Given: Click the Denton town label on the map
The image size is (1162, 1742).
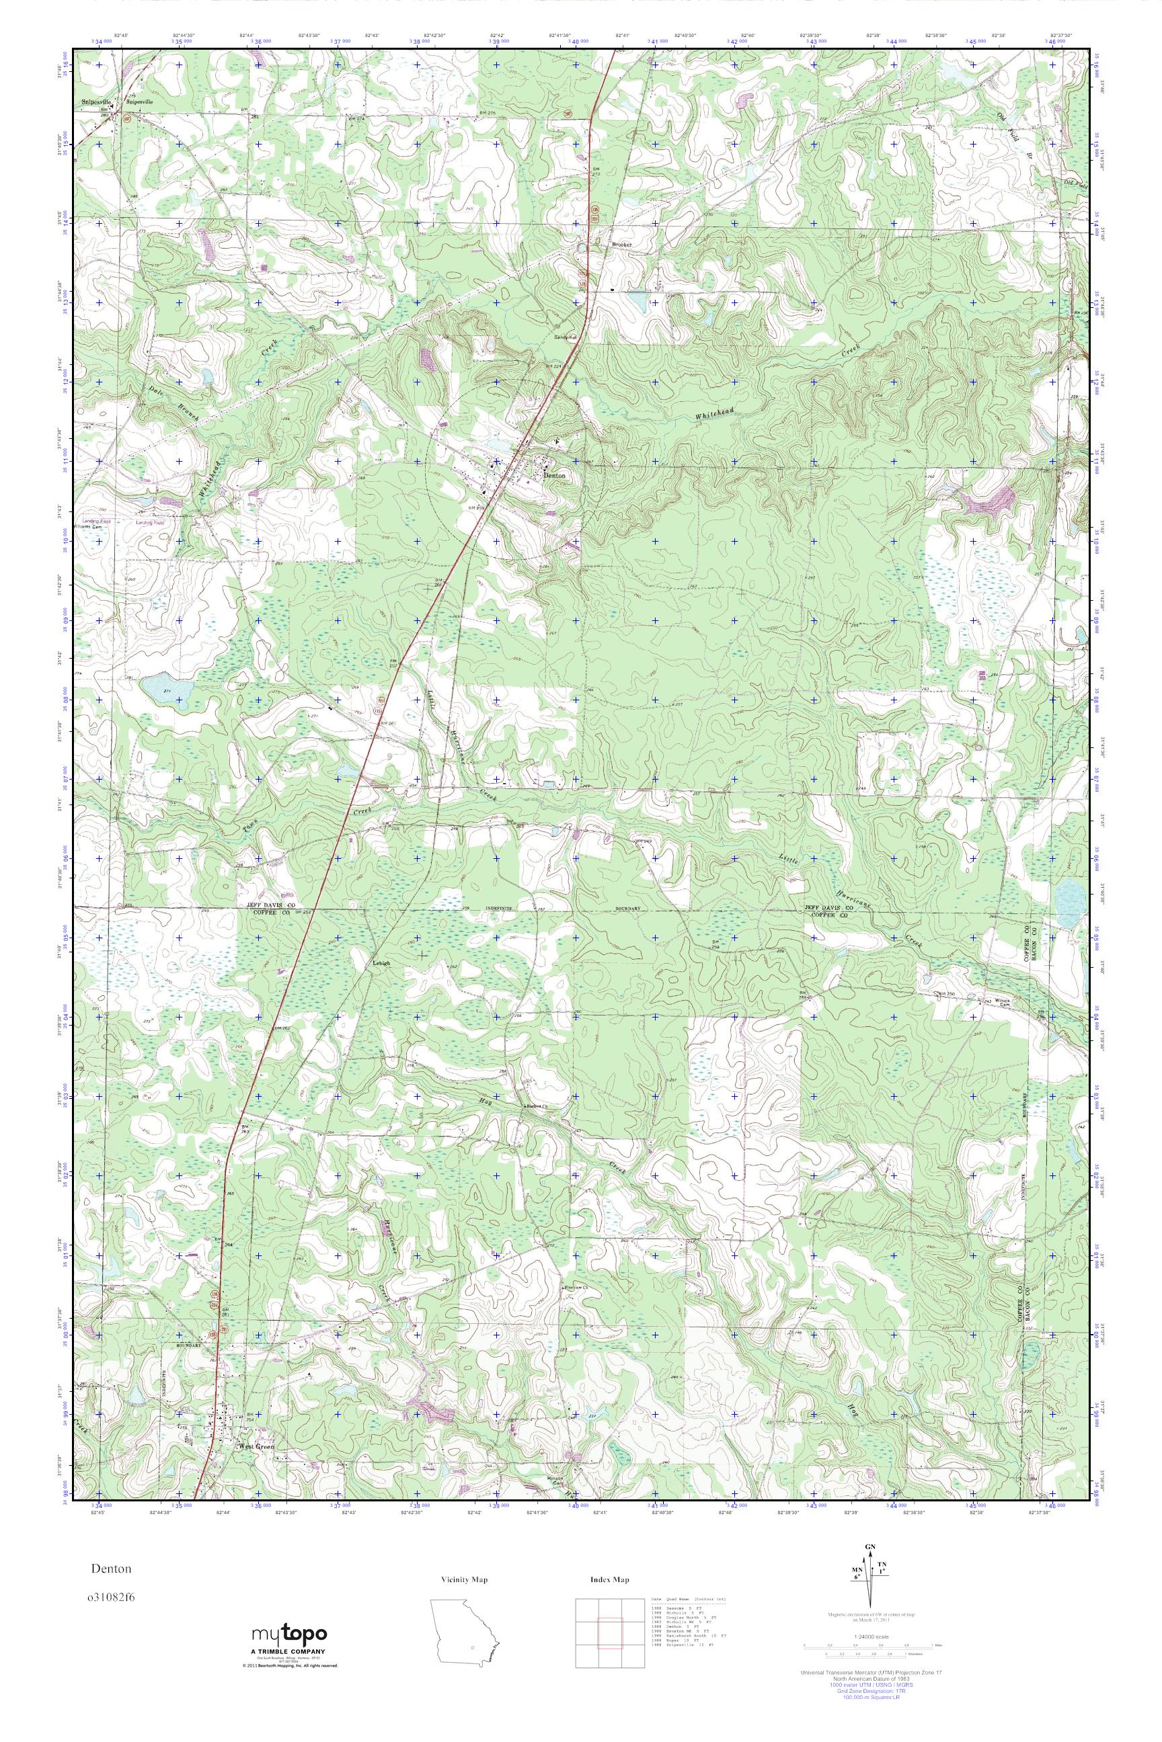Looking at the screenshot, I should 554,476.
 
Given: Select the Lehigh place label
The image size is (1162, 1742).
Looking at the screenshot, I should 381,963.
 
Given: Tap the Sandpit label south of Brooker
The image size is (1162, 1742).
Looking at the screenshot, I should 566,335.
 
